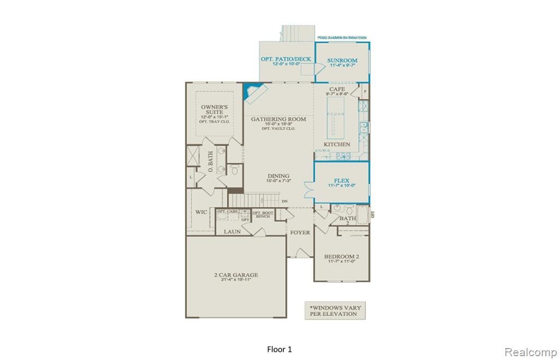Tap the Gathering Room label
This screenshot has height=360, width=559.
pyautogui.click(x=278, y=118)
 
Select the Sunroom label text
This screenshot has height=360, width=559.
pyautogui.click(x=342, y=61)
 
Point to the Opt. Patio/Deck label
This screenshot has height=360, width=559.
pyautogui.click(x=286, y=59)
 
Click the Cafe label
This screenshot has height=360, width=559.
pyautogui.click(x=336, y=89)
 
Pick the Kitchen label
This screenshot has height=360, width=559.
pyautogui.click(x=337, y=145)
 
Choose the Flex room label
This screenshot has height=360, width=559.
pyautogui.click(x=342, y=180)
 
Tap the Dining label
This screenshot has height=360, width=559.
pyautogui.click(x=278, y=176)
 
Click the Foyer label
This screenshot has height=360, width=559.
pyautogui.click(x=300, y=232)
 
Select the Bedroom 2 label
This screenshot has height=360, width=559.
pyautogui.click(x=341, y=256)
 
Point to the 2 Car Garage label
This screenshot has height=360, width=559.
pyautogui.click(x=236, y=275)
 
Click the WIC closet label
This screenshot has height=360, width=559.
pyautogui.click(x=201, y=212)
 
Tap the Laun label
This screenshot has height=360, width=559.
pyautogui.click(x=232, y=232)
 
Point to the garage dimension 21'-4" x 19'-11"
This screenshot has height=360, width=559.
pyautogui.click(x=236, y=281)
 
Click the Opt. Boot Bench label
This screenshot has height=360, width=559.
pyautogui.click(x=263, y=214)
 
